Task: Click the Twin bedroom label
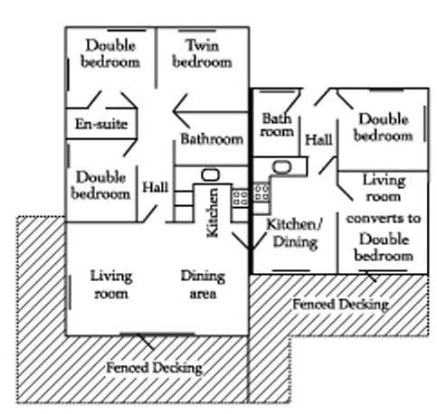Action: tap(202, 53)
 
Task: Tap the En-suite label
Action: tap(101, 124)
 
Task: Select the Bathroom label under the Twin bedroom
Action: tap(212, 139)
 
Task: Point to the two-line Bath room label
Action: tap(277, 125)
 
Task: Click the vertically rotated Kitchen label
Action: tap(213, 212)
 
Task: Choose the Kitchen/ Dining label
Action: tap(295, 233)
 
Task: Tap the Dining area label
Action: tap(203, 285)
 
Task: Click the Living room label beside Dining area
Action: tap(111, 285)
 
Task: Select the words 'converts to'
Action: tap(384, 218)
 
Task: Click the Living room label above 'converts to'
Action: tap(384, 188)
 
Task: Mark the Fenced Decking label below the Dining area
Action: tap(154, 368)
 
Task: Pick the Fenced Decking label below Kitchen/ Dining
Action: tap(341, 305)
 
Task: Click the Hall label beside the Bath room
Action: tap(318, 140)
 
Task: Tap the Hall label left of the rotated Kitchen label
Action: tap(155, 187)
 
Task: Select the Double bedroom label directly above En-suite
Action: tap(110, 53)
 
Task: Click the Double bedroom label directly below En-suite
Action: tap(100, 185)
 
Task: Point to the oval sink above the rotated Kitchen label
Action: tap(210, 174)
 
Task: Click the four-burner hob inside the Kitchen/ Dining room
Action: tap(261, 193)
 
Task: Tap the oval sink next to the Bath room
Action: tap(281, 167)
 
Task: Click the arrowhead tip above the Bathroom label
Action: tap(173, 111)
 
